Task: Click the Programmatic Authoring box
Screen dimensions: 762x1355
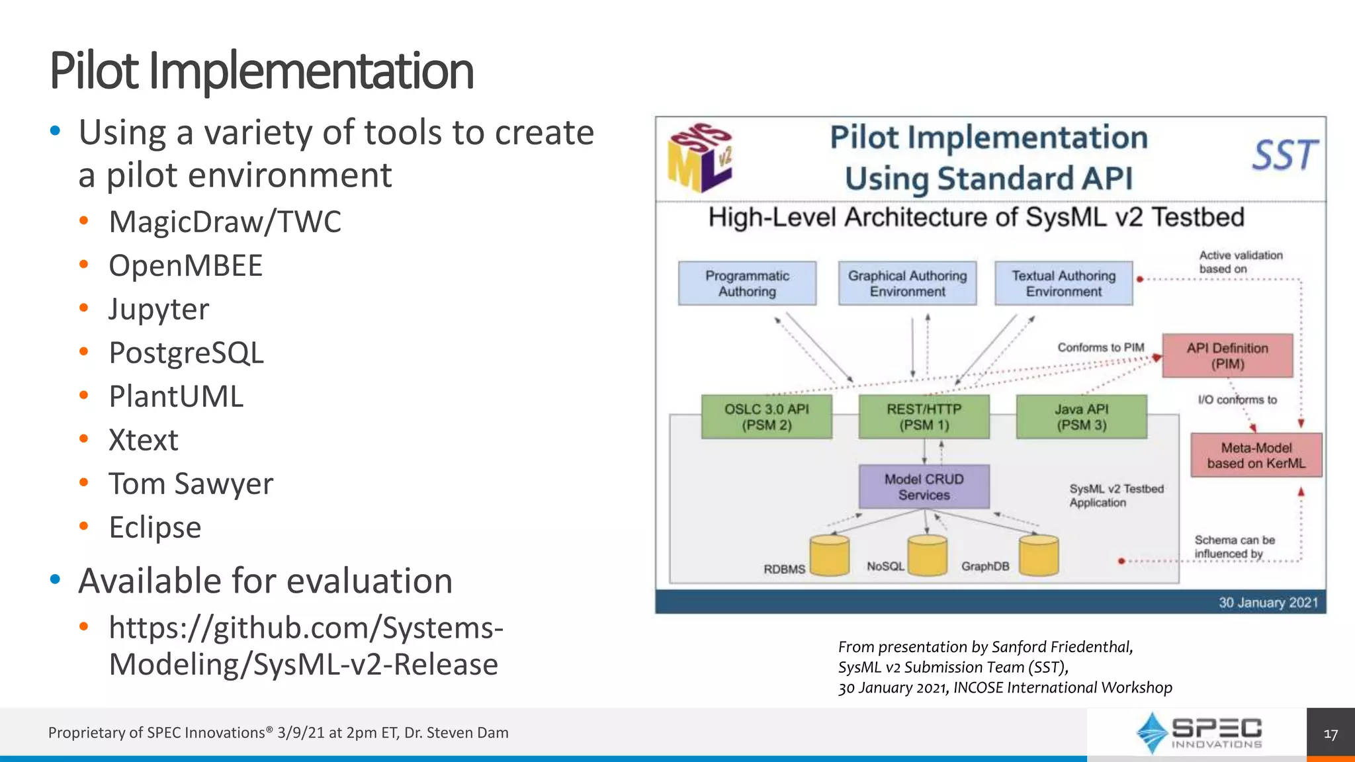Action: pos(747,283)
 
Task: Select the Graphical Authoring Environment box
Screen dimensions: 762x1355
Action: pos(907,283)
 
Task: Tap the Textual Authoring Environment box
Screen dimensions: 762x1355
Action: pos(1063,283)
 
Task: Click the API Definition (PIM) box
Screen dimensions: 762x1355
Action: pos(1227,356)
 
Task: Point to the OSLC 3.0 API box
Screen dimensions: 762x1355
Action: pos(766,417)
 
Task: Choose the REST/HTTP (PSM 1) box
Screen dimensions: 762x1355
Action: pos(924,417)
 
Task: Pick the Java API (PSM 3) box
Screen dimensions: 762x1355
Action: pos(1081,417)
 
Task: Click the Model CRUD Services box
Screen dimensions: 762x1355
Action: pos(924,487)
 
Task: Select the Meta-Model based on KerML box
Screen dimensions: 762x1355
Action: pos(1256,455)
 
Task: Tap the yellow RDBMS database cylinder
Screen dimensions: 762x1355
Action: pos(830,556)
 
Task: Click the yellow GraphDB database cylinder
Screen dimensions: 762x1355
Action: pos(1039,556)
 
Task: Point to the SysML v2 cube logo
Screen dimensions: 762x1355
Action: pos(700,157)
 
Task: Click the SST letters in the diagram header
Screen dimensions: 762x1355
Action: pos(1284,156)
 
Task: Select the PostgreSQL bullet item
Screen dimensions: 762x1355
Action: pos(186,353)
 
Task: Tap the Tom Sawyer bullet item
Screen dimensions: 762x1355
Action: pos(191,484)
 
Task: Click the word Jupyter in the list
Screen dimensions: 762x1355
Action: pos(159,309)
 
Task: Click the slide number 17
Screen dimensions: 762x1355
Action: pos(1331,734)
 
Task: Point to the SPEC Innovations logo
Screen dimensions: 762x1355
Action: pos(1198,733)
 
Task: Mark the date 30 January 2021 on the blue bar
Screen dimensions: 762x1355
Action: pos(1268,603)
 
